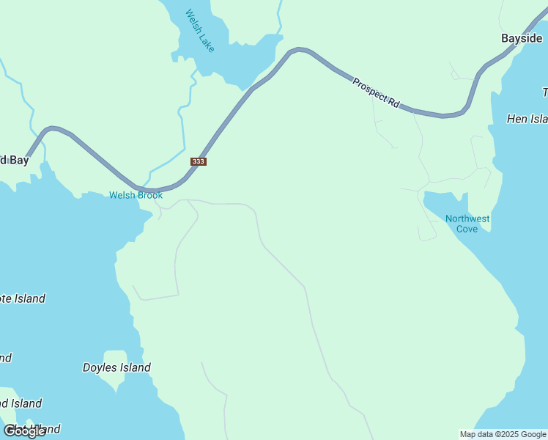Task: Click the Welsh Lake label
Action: point(200,30)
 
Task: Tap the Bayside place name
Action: point(522,38)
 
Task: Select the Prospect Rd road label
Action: point(375,93)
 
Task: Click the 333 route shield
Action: point(198,161)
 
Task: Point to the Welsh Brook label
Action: point(136,195)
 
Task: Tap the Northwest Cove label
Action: point(467,224)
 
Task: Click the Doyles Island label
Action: point(116,367)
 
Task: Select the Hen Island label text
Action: point(527,119)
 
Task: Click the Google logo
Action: point(25,431)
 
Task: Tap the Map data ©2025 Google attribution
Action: point(503,434)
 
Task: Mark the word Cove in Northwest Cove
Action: point(467,229)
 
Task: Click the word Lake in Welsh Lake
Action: point(207,41)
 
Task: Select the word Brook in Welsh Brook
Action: point(149,195)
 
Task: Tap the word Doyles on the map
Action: point(100,367)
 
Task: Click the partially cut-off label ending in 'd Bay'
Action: point(14,160)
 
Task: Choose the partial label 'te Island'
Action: point(22,298)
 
